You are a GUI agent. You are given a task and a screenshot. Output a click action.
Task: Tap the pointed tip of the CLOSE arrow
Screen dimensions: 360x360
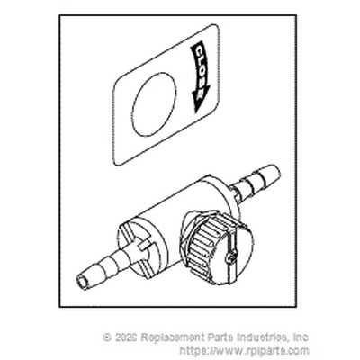pyautogui.click(x=195, y=112)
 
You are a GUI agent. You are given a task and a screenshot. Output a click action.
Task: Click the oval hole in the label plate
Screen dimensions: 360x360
pyautogui.click(x=154, y=104)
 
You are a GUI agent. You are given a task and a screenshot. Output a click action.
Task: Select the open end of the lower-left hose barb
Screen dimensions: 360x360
pyautogui.click(x=83, y=282)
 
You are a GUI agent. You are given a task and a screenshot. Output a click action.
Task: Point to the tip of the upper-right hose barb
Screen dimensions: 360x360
pyautogui.click(x=276, y=171)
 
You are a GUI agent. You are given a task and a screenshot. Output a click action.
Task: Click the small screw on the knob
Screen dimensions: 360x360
pyautogui.click(x=230, y=257)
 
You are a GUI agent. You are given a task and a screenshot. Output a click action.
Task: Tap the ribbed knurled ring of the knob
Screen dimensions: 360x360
pyautogui.click(x=206, y=244)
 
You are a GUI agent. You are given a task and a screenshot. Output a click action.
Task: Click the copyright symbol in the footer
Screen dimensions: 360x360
pyautogui.click(x=107, y=337)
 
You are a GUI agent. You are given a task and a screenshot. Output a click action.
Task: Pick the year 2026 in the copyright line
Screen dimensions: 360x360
pyautogui.click(x=126, y=337)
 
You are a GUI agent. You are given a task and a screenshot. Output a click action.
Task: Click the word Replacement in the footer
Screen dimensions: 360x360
pyautogui.click(x=172, y=337)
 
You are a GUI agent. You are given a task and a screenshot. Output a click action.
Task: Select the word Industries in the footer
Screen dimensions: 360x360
pyautogui.click(x=262, y=337)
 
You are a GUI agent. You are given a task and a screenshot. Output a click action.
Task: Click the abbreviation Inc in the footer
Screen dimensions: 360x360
pyautogui.click(x=301, y=337)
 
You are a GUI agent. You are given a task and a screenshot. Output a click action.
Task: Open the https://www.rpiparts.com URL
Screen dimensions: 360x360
pyautogui.click(x=244, y=350)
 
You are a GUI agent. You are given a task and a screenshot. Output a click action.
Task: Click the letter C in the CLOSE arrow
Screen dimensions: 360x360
pyautogui.click(x=199, y=50)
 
